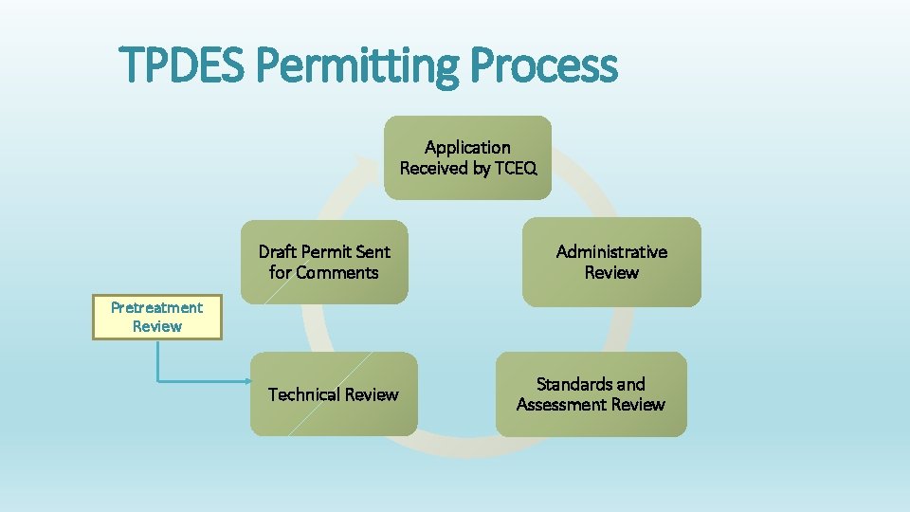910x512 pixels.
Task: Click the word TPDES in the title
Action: (x=185, y=66)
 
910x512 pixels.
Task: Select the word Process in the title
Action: (x=543, y=66)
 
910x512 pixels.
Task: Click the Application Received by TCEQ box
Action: (x=467, y=157)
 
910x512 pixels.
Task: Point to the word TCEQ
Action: (x=516, y=169)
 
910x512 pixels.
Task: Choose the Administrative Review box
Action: (x=611, y=262)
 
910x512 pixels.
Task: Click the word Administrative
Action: (x=611, y=251)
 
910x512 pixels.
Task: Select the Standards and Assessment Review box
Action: (x=591, y=394)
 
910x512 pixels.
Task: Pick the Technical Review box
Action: (x=333, y=394)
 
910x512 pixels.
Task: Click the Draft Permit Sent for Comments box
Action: (x=324, y=262)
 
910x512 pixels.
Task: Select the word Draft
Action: (x=277, y=251)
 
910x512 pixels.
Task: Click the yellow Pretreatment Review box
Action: (x=156, y=318)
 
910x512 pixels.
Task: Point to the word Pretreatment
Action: (x=156, y=307)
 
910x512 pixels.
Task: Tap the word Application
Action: (x=467, y=147)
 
